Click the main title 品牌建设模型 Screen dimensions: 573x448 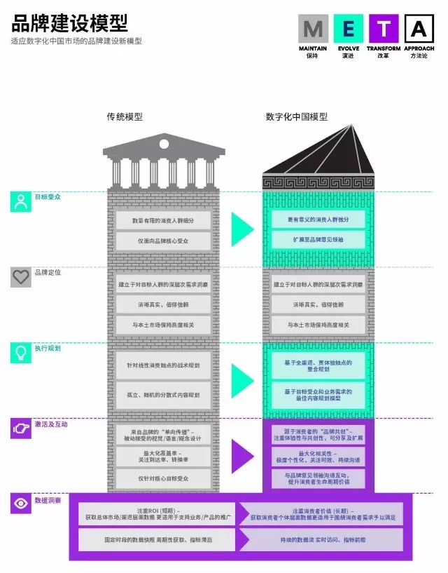tap(69, 23)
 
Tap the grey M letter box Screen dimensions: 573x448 tap(312, 29)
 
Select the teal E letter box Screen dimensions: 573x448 tap(348, 29)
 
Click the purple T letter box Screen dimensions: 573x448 tap(384, 29)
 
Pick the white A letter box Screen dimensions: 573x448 tap(419, 29)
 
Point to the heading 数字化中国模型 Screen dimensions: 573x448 tap(296, 117)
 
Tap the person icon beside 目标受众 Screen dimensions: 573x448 tap(20, 201)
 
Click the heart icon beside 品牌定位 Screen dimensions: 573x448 tap(20, 276)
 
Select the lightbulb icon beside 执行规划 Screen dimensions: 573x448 tap(20, 353)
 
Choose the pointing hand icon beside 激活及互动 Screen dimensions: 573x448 tap(20, 428)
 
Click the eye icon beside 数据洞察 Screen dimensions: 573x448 tap(20, 503)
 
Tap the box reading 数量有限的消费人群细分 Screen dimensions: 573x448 tap(162, 220)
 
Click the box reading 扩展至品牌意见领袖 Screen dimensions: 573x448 tap(318, 240)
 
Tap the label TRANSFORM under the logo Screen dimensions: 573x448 tap(384, 49)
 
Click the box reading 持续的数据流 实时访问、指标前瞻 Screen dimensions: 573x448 tap(318, 540)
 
